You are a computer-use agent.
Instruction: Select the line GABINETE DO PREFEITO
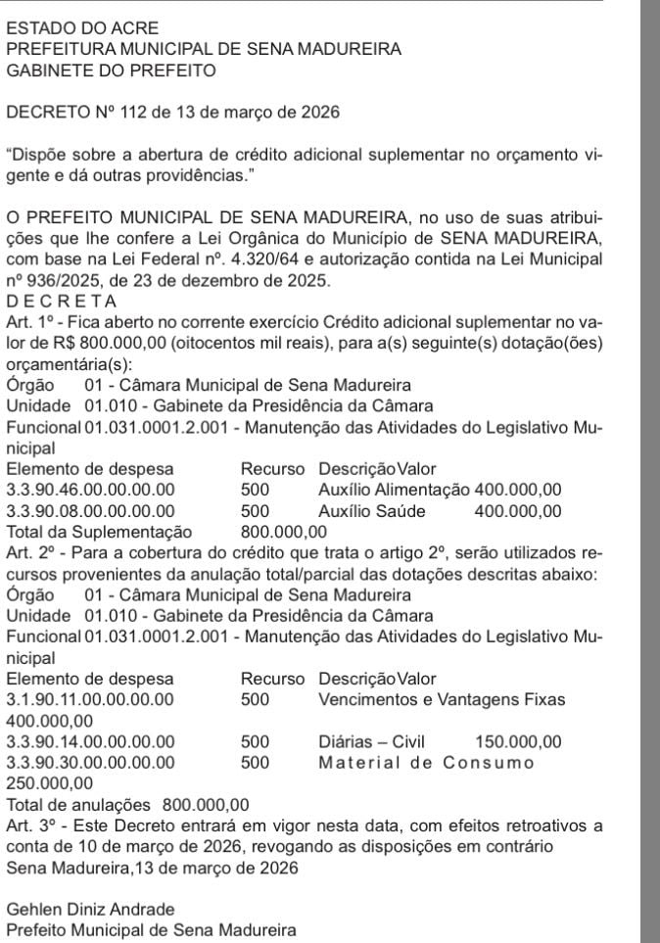(x=111, y=71)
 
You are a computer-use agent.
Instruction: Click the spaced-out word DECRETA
(x=62, y=300)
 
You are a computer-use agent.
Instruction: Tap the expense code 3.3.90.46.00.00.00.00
(x=91, y=490)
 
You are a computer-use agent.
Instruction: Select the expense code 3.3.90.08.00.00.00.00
(x=91, y=510)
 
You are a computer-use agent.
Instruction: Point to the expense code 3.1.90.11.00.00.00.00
(x=91, y=700)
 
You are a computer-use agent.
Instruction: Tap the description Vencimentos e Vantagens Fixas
(x=442, y=700)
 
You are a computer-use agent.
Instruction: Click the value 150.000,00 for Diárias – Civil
(x=518, y=741)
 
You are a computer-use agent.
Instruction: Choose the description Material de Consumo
(x=427, y=762)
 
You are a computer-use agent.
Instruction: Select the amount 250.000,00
(x=50, y=783)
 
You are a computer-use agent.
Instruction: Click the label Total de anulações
(x=78, y=805)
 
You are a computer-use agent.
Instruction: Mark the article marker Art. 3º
(x=28, y=825)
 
